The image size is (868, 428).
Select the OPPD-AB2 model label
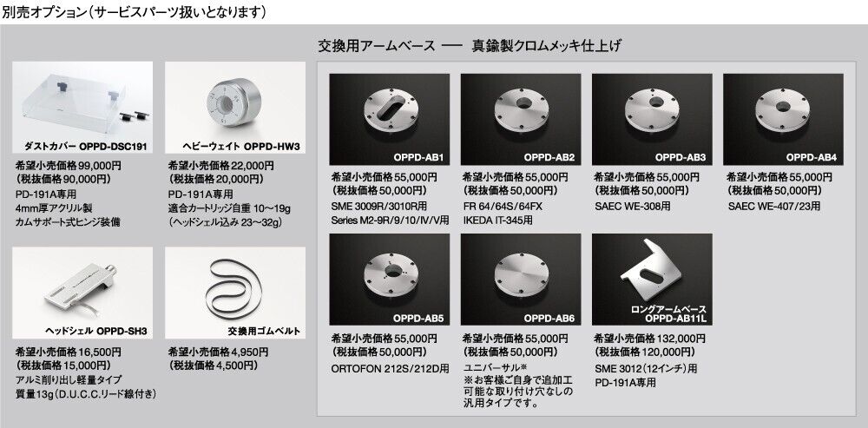pos(549,158)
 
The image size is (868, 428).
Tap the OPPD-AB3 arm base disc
pos(652,109)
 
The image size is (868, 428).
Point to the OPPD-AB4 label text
pos(812,158)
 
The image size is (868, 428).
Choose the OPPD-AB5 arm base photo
pos(389,279)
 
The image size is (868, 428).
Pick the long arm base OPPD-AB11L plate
pos(652,271)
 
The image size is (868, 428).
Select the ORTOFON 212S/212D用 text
pos(391,367)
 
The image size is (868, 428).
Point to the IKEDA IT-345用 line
pos(497,221)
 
